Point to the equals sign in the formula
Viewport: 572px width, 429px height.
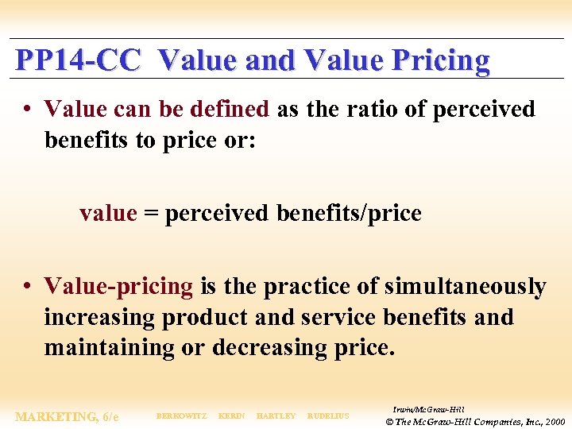[x=151, y=214]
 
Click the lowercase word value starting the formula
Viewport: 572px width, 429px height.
[x=108, y=214]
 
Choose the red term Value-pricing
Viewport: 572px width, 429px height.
[x=118, y=286]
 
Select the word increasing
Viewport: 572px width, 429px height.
[x=100, y=317]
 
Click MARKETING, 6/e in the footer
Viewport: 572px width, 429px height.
[x=67, y=416]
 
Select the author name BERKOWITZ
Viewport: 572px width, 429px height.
[x=182, y=416]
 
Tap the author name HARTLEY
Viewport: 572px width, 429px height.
[x=276, y=416]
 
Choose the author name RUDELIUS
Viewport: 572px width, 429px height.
[x=328, y=416]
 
